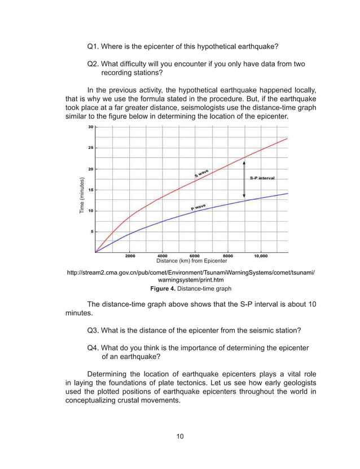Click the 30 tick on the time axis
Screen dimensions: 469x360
(90, 127)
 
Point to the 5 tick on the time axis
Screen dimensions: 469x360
(91, 231)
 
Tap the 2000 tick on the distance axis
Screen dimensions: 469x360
(130, 256)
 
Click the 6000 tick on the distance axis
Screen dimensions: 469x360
(195, 256)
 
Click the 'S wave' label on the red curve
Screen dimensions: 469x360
(202, 172)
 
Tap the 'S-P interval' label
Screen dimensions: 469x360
(262, 178)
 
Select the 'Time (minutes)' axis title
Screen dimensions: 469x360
(82, 195)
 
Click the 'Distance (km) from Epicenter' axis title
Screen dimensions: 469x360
(191, 261)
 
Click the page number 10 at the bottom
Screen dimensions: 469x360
(179, 436)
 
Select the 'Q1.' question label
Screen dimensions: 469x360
(94, 46)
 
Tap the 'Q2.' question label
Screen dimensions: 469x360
(94, 64)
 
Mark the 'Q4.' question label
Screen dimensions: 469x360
(94, 348)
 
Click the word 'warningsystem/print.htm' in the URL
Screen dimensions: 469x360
(191, 280)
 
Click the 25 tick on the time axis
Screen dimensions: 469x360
(90, 148)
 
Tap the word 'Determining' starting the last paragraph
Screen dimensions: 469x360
(110, 374)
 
